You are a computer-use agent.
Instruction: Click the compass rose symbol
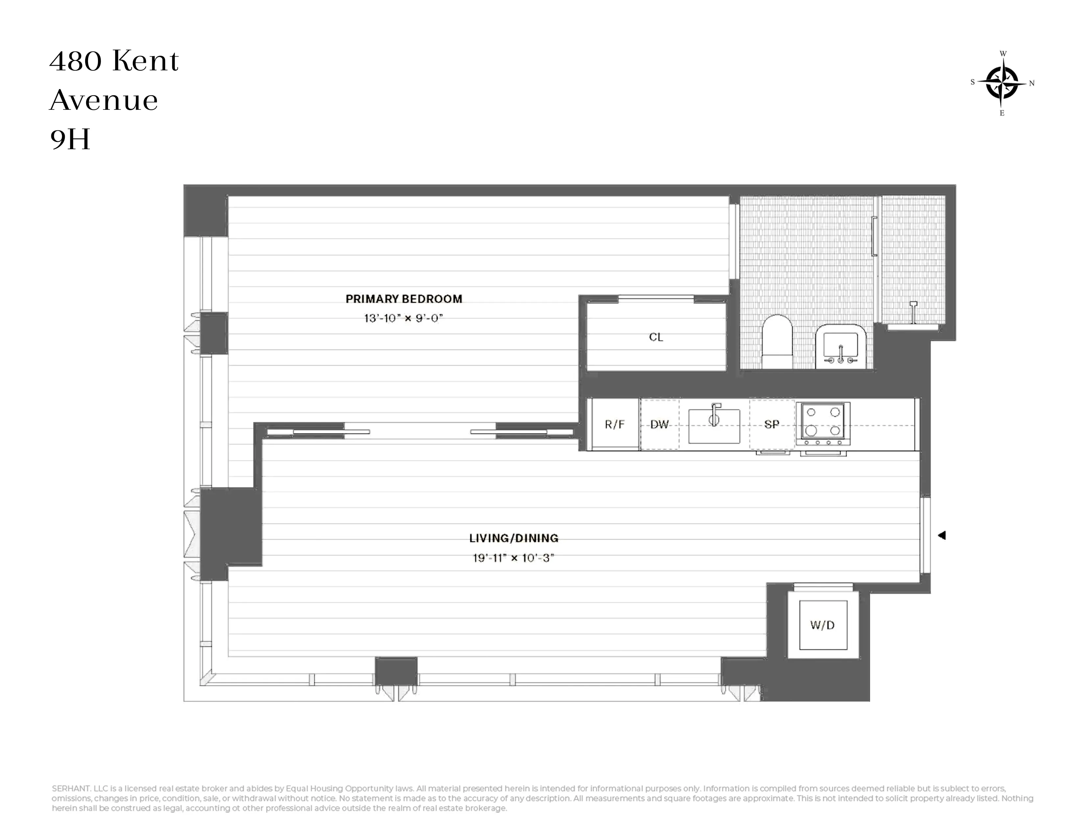coord(1002,83)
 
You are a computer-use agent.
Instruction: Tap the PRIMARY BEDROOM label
coord(403,299)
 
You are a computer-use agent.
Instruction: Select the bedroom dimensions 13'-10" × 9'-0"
coord(403,318)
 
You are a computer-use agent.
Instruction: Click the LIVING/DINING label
coord(513,538)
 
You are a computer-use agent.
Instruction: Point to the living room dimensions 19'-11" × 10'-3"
coord(513,558)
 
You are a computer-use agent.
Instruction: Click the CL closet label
coord(656,337)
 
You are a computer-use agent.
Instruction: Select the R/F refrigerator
coord(614,425)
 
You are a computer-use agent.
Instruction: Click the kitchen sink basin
coord(714,427)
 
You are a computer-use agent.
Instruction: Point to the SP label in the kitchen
coord(772,425)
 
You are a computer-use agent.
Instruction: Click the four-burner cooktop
coord(823,423)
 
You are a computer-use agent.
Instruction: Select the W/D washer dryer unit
coord(823,625)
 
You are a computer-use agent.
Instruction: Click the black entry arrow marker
coord(941,535)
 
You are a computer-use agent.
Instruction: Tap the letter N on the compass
coord(1032,83)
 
